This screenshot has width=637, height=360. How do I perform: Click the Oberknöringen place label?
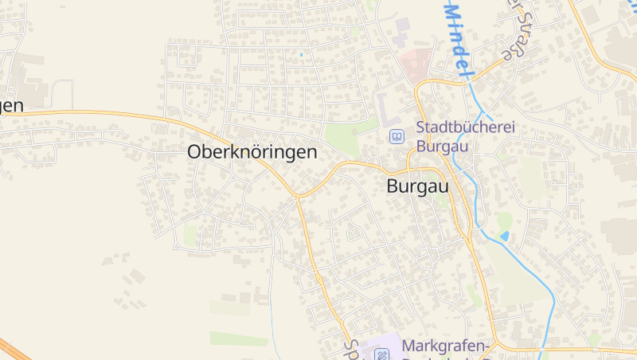pos(252,151)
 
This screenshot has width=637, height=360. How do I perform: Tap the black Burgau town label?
pos(416,187)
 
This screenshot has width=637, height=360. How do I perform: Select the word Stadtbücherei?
pos(467,128)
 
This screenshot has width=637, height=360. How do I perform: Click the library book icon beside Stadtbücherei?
pos(397,137)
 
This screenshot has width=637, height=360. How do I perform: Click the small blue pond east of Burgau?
pos(504,236)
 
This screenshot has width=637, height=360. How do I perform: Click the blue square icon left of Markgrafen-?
pos(382,353)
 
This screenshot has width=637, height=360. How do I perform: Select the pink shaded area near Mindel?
pos(416,63)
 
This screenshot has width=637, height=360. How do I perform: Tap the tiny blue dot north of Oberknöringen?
pos(302,54)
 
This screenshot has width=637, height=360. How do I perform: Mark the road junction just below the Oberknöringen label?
pos(296,194)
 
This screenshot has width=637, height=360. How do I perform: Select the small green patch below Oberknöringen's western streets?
pos(191,233)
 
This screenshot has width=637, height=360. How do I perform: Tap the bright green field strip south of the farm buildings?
pos(239,338)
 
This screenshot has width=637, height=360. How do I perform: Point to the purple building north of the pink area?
pos(403,25)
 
